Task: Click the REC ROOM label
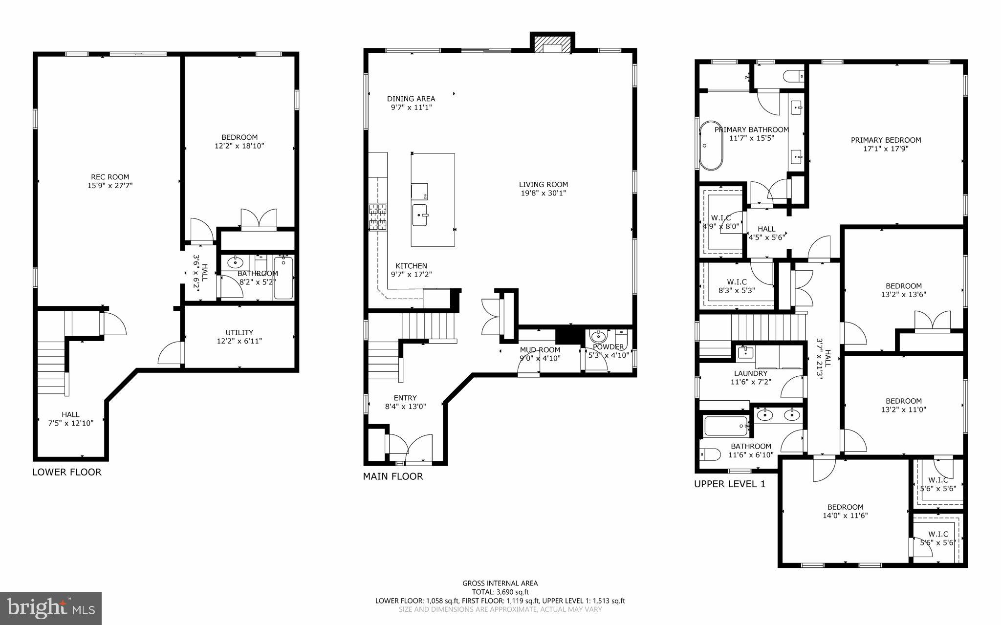click(x=110, y=177)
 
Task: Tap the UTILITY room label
click(x=239, y=332)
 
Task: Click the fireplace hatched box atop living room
click(x=552, y=43)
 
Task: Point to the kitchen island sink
click(x=420, y=215)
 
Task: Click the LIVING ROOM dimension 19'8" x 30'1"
click(x=543, y=193)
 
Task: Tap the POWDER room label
click(x=608, y=347)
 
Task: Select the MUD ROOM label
click(x=540, y=350)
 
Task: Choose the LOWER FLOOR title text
click(x=67, y=472)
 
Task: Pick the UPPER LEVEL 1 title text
click(x=730, y=484)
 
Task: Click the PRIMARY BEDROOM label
click(x=886, y=140)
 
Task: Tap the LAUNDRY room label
click(x=750, y=373)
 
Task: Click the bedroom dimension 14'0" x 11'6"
click(x=845, y=516)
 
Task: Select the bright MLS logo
click(x=51, y=608)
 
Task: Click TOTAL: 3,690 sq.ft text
click(x=500, y=592)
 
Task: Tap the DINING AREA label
click(x=411, y=99)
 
